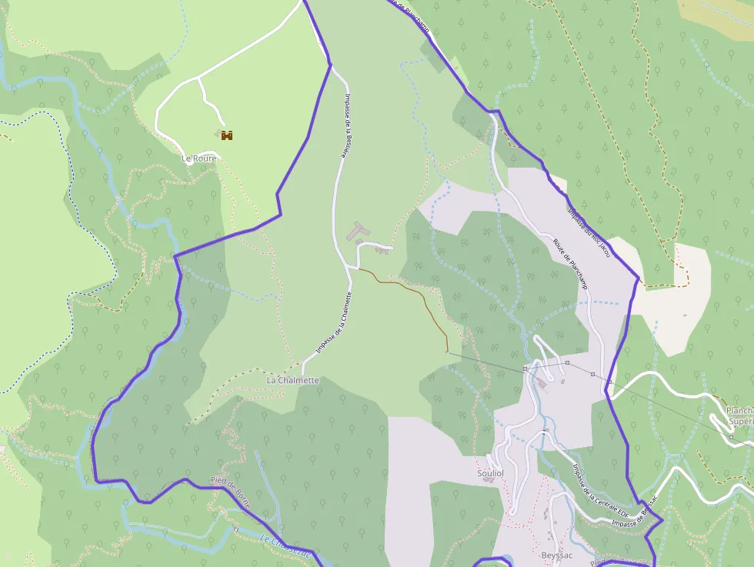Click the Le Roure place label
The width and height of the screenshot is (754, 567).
click(x=199, y=158)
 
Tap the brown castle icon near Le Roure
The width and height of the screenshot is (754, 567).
click(x=227, y=135)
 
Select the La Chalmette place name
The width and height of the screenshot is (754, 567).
click(x=292, y=380)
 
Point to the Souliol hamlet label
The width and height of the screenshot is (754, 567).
click(x=490, y=473)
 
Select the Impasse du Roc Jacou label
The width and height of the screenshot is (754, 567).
click(x=589, y=232)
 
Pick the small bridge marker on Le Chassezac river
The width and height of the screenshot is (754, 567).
click(x=236, y=529)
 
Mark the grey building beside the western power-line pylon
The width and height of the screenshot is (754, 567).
click(x=543, y=382)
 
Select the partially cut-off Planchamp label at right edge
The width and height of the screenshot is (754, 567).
click(x=739, y=415)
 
